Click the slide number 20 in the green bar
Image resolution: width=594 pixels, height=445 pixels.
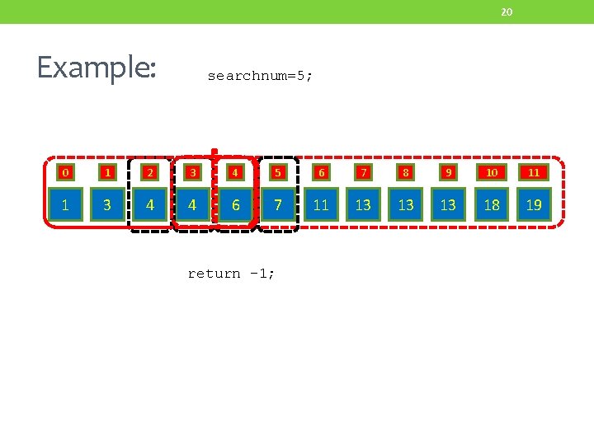(x=507, y=12)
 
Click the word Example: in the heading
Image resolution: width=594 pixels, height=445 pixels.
(x=96, y=67)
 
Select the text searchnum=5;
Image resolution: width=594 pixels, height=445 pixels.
(x=260, y=76)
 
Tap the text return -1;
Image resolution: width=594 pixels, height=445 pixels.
(x=231, y=274)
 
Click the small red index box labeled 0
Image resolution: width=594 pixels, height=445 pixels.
(x=64, y=173)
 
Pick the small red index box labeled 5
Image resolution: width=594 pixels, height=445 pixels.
(x=278, y=173)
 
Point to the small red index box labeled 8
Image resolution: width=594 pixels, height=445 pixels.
(x=406, y=173)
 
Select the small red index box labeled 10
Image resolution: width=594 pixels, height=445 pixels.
(x=492, y=173)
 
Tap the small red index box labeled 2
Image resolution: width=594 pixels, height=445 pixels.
(x=150, y=173)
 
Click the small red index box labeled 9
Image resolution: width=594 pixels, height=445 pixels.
(x=448, y=173)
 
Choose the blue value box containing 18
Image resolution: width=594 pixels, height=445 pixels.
(x=492, y=204)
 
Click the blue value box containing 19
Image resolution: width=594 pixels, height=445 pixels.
(x=534, y=204)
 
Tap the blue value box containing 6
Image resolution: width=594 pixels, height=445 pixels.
(x=235, y=204)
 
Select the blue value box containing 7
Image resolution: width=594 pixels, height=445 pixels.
(x=278, y=204)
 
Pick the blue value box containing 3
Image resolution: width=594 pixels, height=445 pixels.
(x=107, y=204)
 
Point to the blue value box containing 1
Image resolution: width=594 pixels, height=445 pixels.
(x=64, y=204)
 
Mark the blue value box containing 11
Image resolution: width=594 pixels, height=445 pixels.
(x=321, y=204)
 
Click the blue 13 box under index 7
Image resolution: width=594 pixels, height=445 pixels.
(x=363, y=204)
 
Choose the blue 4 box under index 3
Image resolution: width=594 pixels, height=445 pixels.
(x=192, y=204)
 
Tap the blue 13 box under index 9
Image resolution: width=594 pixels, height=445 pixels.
(x=448, y=204)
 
